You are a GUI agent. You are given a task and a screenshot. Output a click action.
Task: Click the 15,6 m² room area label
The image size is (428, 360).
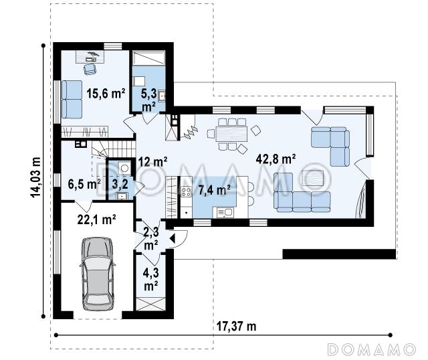pyautogui.click(x=106, y=94)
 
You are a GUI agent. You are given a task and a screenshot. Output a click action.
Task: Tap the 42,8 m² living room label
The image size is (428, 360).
pyautogui.click(x=276, y=159)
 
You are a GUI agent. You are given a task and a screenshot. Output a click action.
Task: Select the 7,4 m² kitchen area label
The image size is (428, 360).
pyautogui.click(x=214, y=190)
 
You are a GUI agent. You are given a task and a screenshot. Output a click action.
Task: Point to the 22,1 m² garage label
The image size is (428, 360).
pyautogui.click(x=96, y=219)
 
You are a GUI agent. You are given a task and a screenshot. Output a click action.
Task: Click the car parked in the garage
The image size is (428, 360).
pyautogui.click(x=98, y=274)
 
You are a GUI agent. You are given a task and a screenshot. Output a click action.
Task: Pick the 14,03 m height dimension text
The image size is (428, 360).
pyautogui.click(x=35, y=177)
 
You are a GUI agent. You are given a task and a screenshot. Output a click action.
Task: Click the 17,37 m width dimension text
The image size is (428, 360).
pyautogui.click(x=236, y=326)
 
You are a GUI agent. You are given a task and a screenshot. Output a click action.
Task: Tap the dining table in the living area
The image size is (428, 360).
pyautogui.click(x=231, y=134)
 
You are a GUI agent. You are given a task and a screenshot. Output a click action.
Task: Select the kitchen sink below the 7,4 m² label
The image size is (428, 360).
pyautogui.click(x=225, y=212)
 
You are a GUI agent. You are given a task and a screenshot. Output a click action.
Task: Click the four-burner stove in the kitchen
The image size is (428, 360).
pyautogui.click(x=186, y=192)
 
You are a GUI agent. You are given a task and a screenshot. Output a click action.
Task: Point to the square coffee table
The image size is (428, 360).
pyautogui.click(x=313, y=179)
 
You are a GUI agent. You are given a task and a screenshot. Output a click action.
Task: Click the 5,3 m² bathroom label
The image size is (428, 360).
pyautogui.click(x=149, y=100)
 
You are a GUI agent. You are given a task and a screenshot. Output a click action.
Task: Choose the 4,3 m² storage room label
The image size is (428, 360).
pyautogui.click(x=151, y=280)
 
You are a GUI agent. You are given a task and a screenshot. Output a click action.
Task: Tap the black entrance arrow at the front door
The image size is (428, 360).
pyautogui.click(x=173, y=239)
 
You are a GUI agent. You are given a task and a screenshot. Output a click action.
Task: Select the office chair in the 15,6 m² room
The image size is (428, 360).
pyautogui.click(x=90, y=68)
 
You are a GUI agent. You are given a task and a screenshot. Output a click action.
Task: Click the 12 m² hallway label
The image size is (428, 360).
pyautogui.click(x=153, y=162)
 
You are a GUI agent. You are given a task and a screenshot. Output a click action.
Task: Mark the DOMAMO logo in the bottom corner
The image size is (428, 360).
pyautogui.click(x=372, y=349)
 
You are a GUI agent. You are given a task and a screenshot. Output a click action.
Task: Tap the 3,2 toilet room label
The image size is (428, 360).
pyautogui.click(x=120, y=184)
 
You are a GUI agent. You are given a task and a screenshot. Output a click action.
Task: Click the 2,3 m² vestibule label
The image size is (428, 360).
pyautogui.click(x=151, y=238)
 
